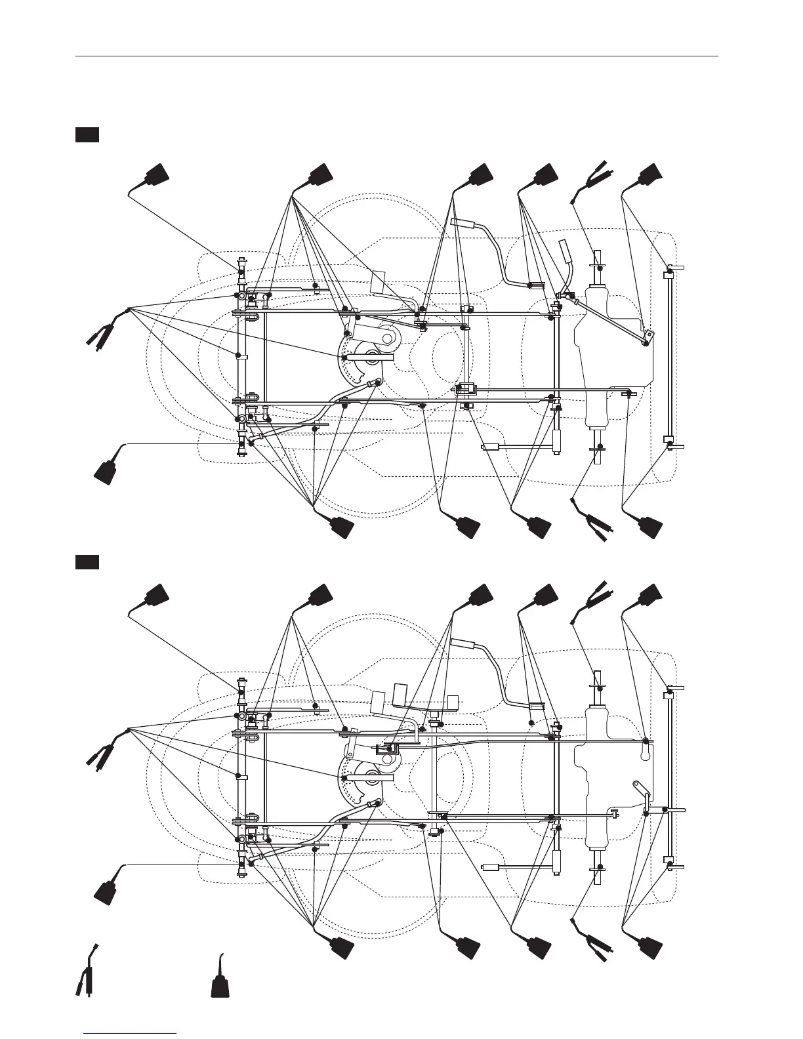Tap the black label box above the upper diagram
(87, 135)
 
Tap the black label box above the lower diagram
(87, 562)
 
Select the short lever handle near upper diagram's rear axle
(565, 251)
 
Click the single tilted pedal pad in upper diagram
(379, 281)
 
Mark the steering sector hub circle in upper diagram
(372, 358)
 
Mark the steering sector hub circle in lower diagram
(372, 779)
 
